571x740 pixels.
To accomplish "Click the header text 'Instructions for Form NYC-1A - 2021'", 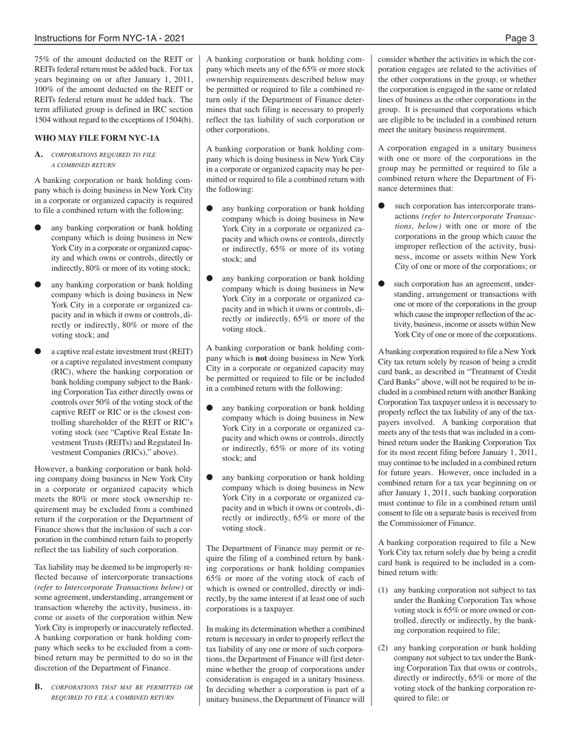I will click(109, 39).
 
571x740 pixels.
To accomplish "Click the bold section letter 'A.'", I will click(39, 155).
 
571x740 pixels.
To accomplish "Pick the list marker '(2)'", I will click(383, 648).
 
